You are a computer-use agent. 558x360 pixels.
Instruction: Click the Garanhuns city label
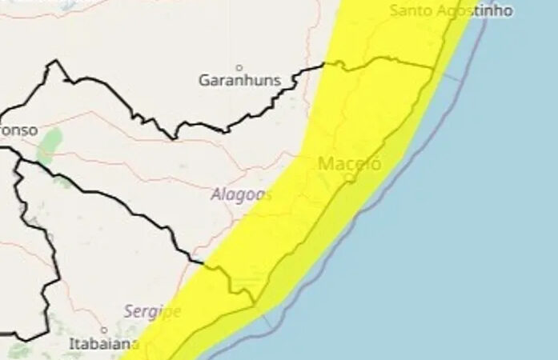pyautogui.click(x=239, y=80)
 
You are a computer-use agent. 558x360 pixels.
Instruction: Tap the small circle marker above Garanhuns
pyautogui.click(x=239, y=67)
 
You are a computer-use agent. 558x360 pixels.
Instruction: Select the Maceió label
pyautogui.click(x=350, y=164)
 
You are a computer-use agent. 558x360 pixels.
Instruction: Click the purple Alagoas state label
pyautogui.click(x=241, y=194)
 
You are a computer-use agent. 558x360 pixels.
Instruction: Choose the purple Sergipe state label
pyautogui.click(x=152, y=310)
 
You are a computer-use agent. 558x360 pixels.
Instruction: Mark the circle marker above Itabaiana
pyautogui.click(x=103, y=330)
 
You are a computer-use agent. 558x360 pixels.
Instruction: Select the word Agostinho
pyautogui.click(x=465, y=10)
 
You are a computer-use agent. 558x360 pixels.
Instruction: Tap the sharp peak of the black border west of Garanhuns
pyautogui.click(x=54, y=62)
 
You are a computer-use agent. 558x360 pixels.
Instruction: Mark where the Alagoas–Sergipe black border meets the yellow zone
pyautogui.click(x=204, y=262)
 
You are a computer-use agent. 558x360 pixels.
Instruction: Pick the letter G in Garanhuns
pyautogui.click(x=203, y=80)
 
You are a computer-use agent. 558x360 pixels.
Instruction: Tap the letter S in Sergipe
pyautogui.click(x=128, y=310)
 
